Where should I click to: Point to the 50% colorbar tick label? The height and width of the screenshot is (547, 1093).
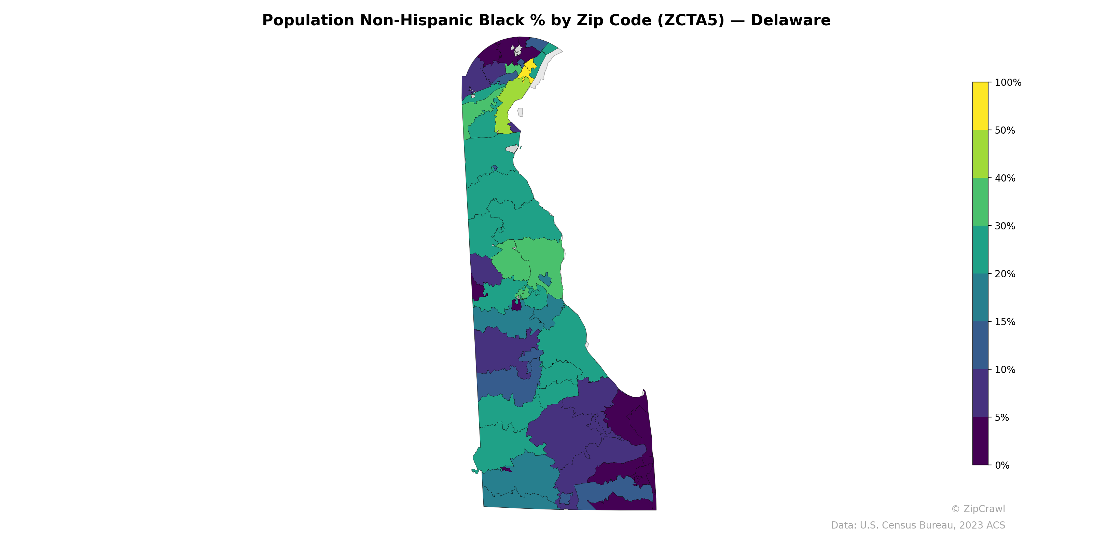1005,130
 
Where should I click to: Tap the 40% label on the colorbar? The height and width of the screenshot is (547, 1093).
1005,178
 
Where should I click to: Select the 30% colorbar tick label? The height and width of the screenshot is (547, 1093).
1005,226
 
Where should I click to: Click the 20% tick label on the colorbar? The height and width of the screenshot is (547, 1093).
1005,274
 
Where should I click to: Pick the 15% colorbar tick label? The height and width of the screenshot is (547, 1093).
1005,322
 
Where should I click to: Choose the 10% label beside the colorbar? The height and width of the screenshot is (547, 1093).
1005,370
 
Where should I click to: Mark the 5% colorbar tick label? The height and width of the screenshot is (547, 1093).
1002,417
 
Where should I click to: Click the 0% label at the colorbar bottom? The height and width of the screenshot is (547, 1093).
1002,465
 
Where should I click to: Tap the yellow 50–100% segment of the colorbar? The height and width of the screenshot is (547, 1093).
980,106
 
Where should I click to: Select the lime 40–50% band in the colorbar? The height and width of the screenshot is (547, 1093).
980,154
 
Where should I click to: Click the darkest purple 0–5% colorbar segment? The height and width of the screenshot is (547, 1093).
980,441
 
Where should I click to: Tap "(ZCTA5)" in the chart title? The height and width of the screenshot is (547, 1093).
690,21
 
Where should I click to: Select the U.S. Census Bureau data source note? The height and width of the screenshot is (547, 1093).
918,525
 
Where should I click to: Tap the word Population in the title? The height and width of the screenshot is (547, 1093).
308,21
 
